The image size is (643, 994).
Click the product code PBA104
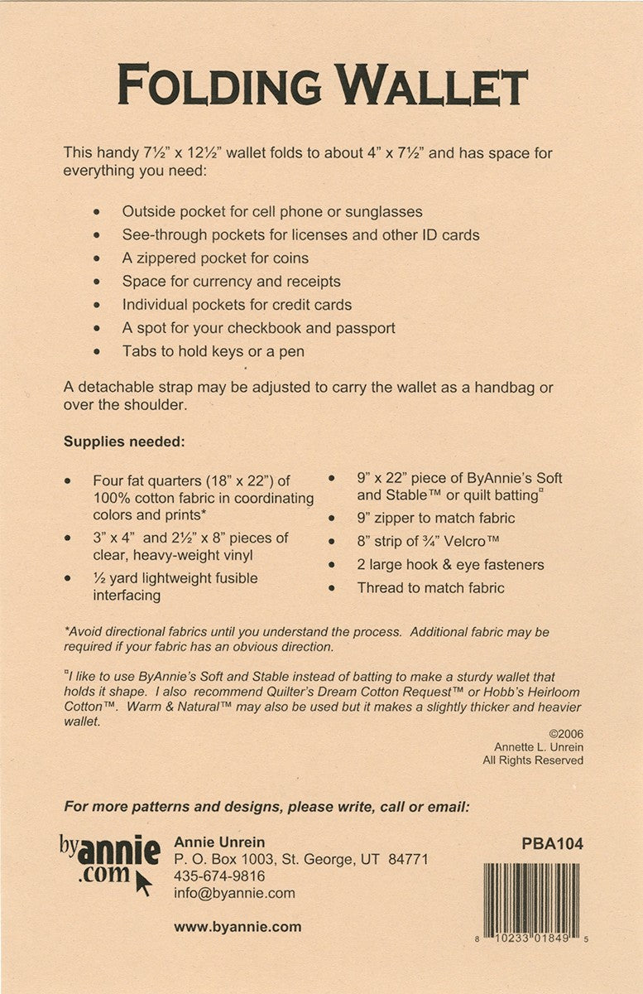pos(553,845)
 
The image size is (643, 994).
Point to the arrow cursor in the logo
pos(143,883)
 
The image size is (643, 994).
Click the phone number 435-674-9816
pos(219,876)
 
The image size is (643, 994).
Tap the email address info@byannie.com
pos(234,893)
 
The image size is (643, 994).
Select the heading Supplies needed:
pos(123,442)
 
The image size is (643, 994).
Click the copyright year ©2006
pos(565,733)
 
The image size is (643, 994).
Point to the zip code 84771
pos(409,860)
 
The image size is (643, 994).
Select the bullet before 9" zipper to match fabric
pos(332,519)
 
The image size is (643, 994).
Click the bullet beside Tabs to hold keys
pos(98,351)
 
